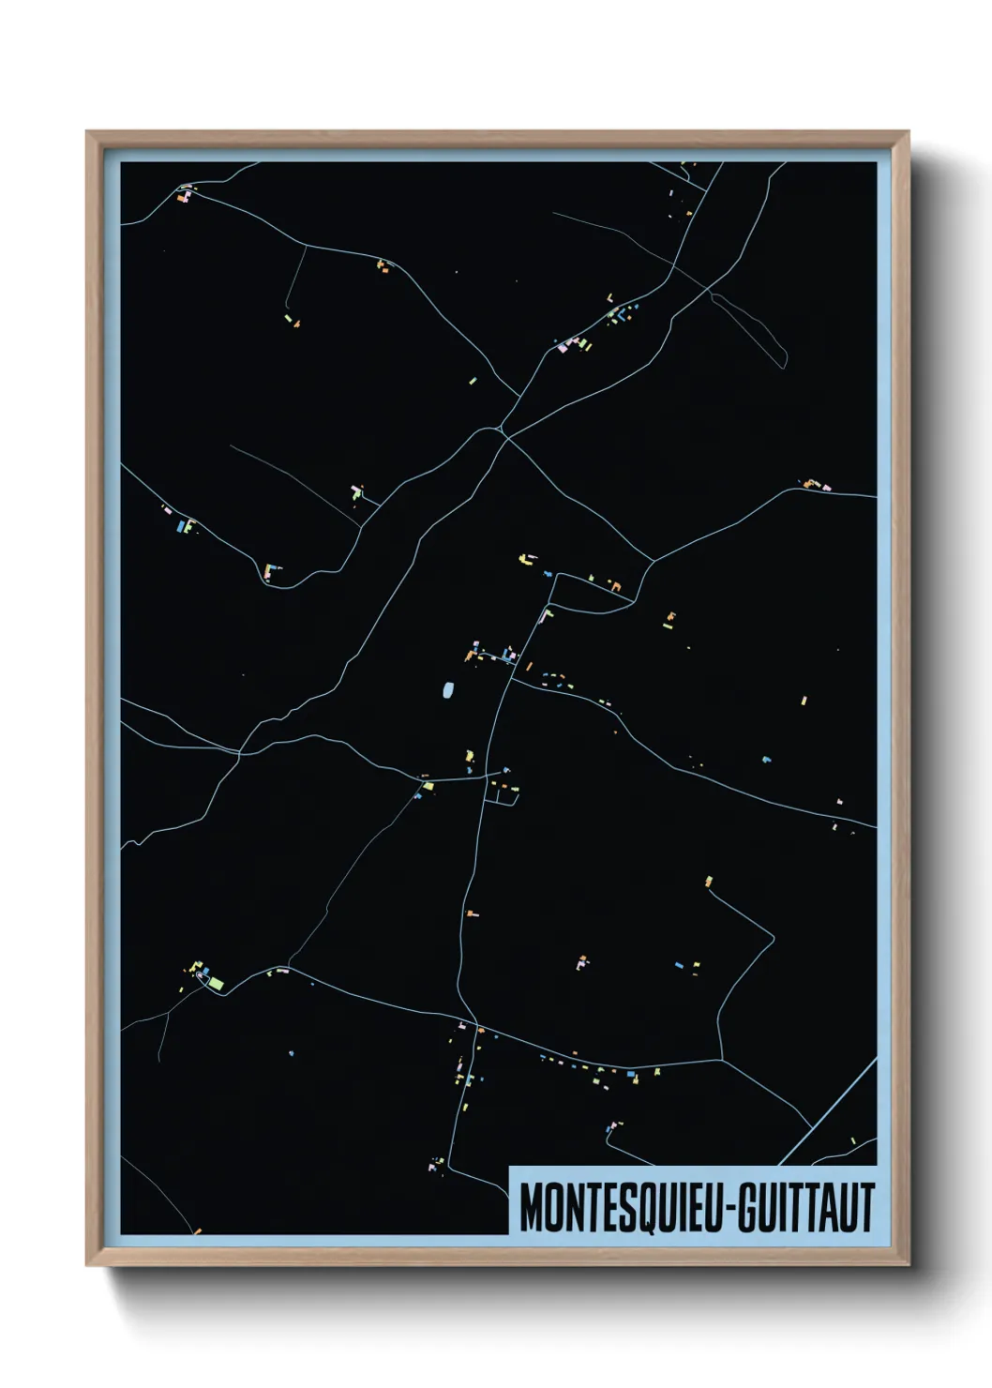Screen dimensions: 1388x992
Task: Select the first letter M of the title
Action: pos(531,1208)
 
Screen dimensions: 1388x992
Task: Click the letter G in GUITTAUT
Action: pos(748,1208)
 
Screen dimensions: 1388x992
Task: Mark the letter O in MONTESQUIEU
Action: pos(554,1208)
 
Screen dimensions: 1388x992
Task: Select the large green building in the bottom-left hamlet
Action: pos(216,983)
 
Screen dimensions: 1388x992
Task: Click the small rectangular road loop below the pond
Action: pos(502,793)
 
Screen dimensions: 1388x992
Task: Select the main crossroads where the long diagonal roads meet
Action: pos(504,430)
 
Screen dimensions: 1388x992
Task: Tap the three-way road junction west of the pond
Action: pos(240,752)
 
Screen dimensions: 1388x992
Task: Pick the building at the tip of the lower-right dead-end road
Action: pos(708,882)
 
